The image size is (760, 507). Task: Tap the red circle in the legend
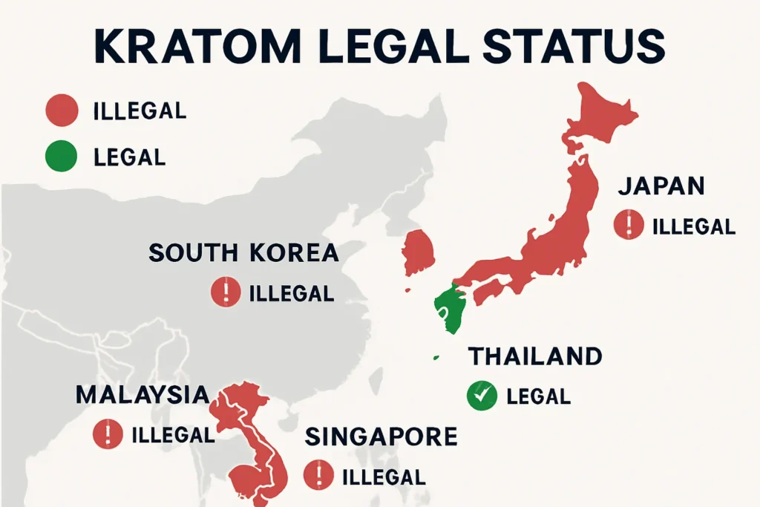[62, 111]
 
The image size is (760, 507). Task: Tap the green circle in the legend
[62, 156]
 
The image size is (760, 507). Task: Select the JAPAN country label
[661, 186]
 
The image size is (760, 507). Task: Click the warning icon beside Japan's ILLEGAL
[629, 225]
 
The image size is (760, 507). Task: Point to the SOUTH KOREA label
[243, 252]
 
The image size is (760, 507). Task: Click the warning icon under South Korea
[226, 292]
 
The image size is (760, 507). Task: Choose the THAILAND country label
[534, 356]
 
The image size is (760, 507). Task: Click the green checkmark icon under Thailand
[482, 396]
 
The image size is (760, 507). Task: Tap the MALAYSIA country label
[142, 394]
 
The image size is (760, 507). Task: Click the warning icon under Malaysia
[108, 434]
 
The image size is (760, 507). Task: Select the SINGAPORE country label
[381, 436]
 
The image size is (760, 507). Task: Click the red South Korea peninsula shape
[419, 252]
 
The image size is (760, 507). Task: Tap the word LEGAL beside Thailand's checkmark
[538, 396]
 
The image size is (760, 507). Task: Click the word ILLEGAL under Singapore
[383, 476]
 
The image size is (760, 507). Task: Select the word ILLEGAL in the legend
[140, 111]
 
